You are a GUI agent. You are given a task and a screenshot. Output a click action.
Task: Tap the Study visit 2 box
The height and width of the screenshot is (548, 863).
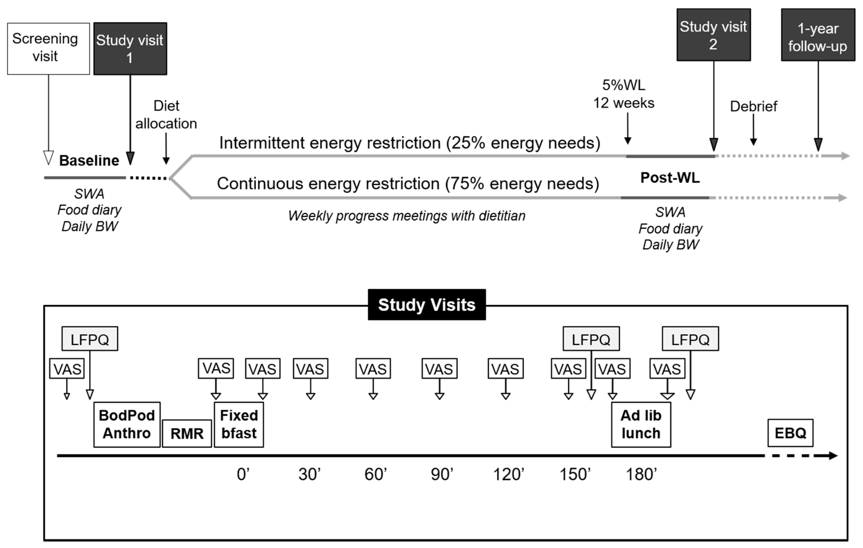(713, 35)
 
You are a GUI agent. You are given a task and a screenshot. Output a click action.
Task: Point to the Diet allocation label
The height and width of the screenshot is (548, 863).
(166, 115)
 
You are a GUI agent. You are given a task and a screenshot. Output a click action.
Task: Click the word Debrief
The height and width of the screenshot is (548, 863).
(753, 106)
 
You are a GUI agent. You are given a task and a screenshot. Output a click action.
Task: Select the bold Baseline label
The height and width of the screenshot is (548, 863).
(89, 160)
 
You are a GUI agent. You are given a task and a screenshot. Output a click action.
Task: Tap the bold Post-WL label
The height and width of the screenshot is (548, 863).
(670, 178)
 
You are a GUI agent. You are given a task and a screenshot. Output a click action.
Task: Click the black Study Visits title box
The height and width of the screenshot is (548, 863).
(427, 305)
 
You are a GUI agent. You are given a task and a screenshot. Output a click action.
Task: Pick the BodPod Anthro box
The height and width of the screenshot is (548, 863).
(127, 424)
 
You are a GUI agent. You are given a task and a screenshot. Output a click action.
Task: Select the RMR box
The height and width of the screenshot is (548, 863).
(187, 434)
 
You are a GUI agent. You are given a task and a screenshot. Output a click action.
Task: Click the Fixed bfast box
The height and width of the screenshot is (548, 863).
(239, 424)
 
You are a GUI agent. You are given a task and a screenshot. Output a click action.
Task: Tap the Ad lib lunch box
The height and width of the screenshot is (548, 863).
(641, 424)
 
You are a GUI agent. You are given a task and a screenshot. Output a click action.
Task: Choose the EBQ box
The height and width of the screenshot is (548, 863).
(790, 433)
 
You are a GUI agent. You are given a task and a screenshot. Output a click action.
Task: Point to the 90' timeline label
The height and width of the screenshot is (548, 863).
(441, 474)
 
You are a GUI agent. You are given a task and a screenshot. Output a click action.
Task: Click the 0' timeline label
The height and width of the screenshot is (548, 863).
(243, 474)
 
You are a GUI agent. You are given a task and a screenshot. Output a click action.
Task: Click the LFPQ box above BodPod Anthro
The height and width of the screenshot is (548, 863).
(90, 339)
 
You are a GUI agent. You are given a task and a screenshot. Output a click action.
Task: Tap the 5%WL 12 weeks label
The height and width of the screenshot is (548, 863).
(624, 94)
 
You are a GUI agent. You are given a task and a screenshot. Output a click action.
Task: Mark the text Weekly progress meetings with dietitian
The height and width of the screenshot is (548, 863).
(407, 216)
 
